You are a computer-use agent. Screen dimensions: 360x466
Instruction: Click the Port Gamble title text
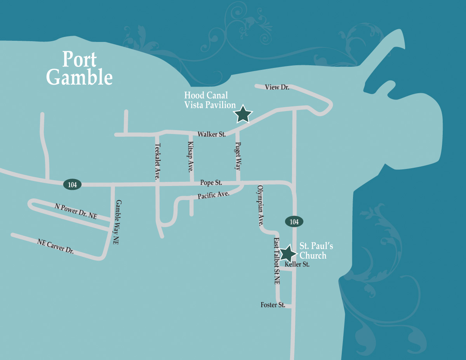tap(79, 68)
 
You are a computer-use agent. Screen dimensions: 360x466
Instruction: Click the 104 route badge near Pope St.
tap(72, 184)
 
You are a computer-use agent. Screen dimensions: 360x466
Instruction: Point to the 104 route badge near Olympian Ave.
tap(294, 222)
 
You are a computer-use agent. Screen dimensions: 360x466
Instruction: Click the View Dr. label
tap(277, 87)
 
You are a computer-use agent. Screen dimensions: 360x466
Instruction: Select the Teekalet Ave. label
tap(157, 162)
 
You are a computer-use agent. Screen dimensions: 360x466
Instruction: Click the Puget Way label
tap(238, 156)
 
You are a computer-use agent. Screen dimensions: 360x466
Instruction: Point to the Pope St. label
tap(211, 182)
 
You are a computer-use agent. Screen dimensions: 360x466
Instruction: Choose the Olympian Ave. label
tap(260, 206)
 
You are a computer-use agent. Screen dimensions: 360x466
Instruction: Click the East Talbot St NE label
tap(276, 261)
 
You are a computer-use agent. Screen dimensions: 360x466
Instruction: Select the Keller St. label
tap(297, 264)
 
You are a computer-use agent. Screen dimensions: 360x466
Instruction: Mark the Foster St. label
tap(273, 305)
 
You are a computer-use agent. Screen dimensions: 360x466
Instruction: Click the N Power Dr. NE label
tap(76, 211)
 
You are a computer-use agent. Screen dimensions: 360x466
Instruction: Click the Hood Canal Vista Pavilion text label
tap(210, 100)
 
